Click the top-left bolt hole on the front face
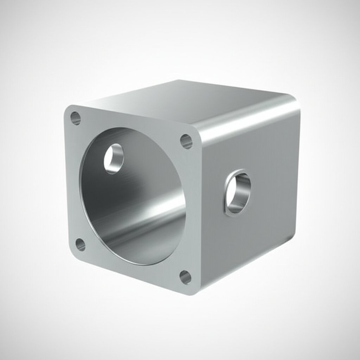pyautogui.click(x=76, y=118)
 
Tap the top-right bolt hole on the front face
pyautogui.click(x=186, y=141)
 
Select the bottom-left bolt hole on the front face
pyautogui.click(x=81, y=244)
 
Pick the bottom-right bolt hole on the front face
pyautogui.click(x=185, y=277)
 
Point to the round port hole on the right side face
pyautogui.click(x=238, y=193)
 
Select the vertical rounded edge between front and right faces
pyautogui.click(x=200, y=211)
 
